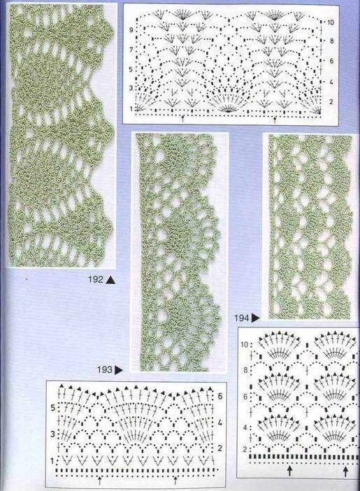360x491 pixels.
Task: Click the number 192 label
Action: tap(96, 279)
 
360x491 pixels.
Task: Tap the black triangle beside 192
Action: tap(110, 280)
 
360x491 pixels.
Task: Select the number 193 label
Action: tap(105, 370)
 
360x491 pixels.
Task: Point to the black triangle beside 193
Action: tap(119, 371)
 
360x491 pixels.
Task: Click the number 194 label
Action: tap(241, 318)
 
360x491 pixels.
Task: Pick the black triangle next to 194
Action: tap(256, 318)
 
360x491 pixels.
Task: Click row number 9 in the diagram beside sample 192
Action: tap(131, 30)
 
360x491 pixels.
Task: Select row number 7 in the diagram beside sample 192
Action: tap(131, 50)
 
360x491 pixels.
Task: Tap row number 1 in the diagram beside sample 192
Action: tap(131, 109)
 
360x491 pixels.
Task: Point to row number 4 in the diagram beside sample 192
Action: tap(331, 83)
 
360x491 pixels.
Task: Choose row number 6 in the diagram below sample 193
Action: tap(220, 396)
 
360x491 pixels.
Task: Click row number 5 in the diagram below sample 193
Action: tap(53, 408)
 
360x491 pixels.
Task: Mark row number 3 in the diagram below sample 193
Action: tap(53, 434)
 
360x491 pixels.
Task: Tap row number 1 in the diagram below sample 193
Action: tap(52, 461)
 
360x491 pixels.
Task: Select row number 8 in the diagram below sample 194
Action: tap(245, 370)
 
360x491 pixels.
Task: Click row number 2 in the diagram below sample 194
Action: tap(245, 450)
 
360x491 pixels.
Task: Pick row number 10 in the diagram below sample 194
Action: tap(244, 345)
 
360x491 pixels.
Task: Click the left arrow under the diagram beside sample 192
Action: tap(183, 119)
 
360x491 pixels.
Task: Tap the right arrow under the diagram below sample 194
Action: tap(345, 471)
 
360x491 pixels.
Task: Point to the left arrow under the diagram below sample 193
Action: tap(100, 480)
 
